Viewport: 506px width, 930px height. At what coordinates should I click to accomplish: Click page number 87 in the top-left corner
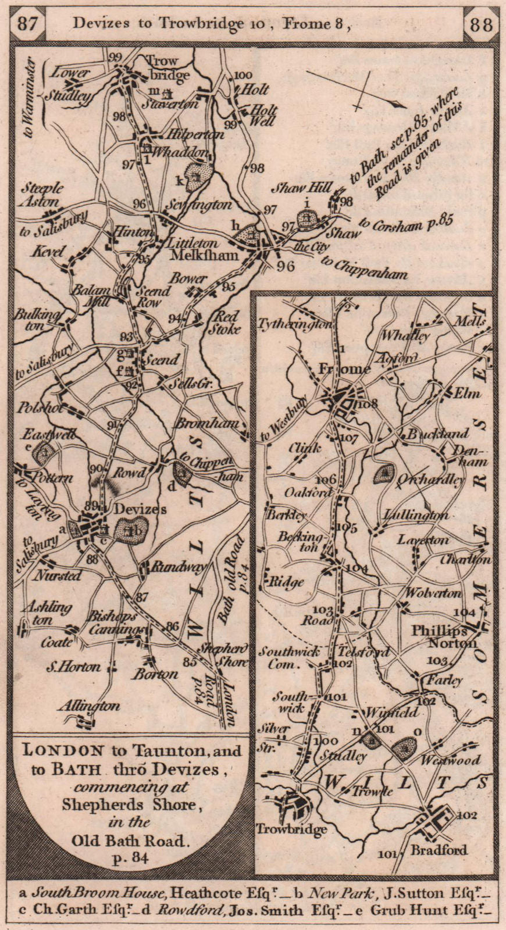28,24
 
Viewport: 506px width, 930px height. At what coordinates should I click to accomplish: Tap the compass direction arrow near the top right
355,88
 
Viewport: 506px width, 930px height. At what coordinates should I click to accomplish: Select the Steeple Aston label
42,195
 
